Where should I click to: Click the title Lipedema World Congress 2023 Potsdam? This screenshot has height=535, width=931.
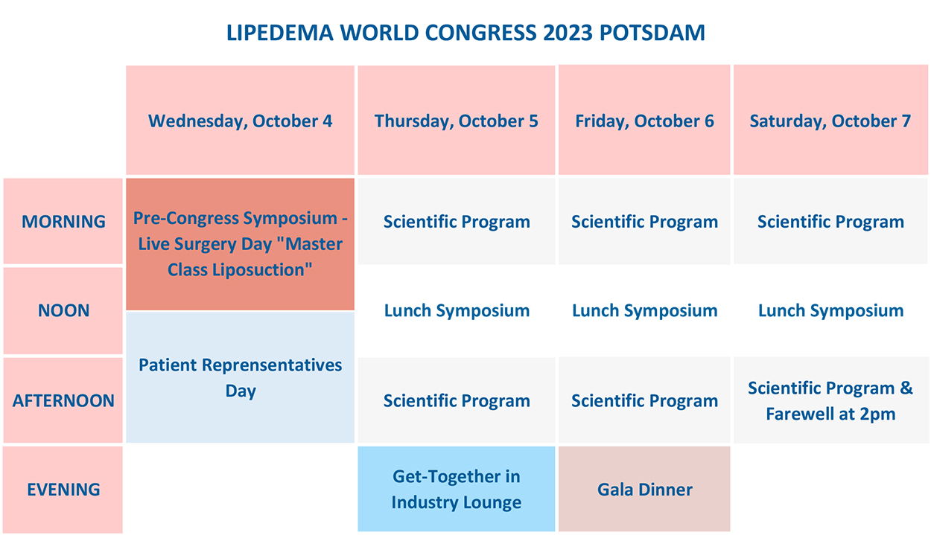(465, 33)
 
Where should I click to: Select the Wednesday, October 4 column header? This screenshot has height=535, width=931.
(240, 121)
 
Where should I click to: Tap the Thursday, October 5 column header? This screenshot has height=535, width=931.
(456, 121)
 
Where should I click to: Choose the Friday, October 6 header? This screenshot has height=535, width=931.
(644, 121)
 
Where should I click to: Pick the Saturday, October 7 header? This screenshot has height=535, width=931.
(830, 121)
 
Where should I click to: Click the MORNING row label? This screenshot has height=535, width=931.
(63, 221)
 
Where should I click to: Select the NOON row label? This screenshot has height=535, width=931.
(63, 310)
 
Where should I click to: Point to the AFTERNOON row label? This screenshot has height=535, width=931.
(63, 400)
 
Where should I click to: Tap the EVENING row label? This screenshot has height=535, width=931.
(63, 490)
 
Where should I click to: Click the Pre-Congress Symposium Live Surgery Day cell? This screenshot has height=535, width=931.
(240, 244)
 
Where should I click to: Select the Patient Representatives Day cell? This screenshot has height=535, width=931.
(240, 377)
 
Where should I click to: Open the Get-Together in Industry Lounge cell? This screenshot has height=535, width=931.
(456, 489)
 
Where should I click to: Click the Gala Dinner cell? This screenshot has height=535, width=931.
(644, 489)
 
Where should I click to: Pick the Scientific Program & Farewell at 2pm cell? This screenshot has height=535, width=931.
(830, 400)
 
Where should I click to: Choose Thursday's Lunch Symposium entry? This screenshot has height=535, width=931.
(456, 310)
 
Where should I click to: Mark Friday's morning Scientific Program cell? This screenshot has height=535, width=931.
(644, 221)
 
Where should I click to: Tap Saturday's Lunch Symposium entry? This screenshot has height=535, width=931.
(830, 310)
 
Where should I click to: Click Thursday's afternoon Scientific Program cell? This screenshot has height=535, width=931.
(456, 400)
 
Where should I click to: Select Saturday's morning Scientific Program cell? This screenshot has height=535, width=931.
(830, 221)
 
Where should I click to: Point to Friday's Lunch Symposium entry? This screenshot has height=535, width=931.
(644, 310)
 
